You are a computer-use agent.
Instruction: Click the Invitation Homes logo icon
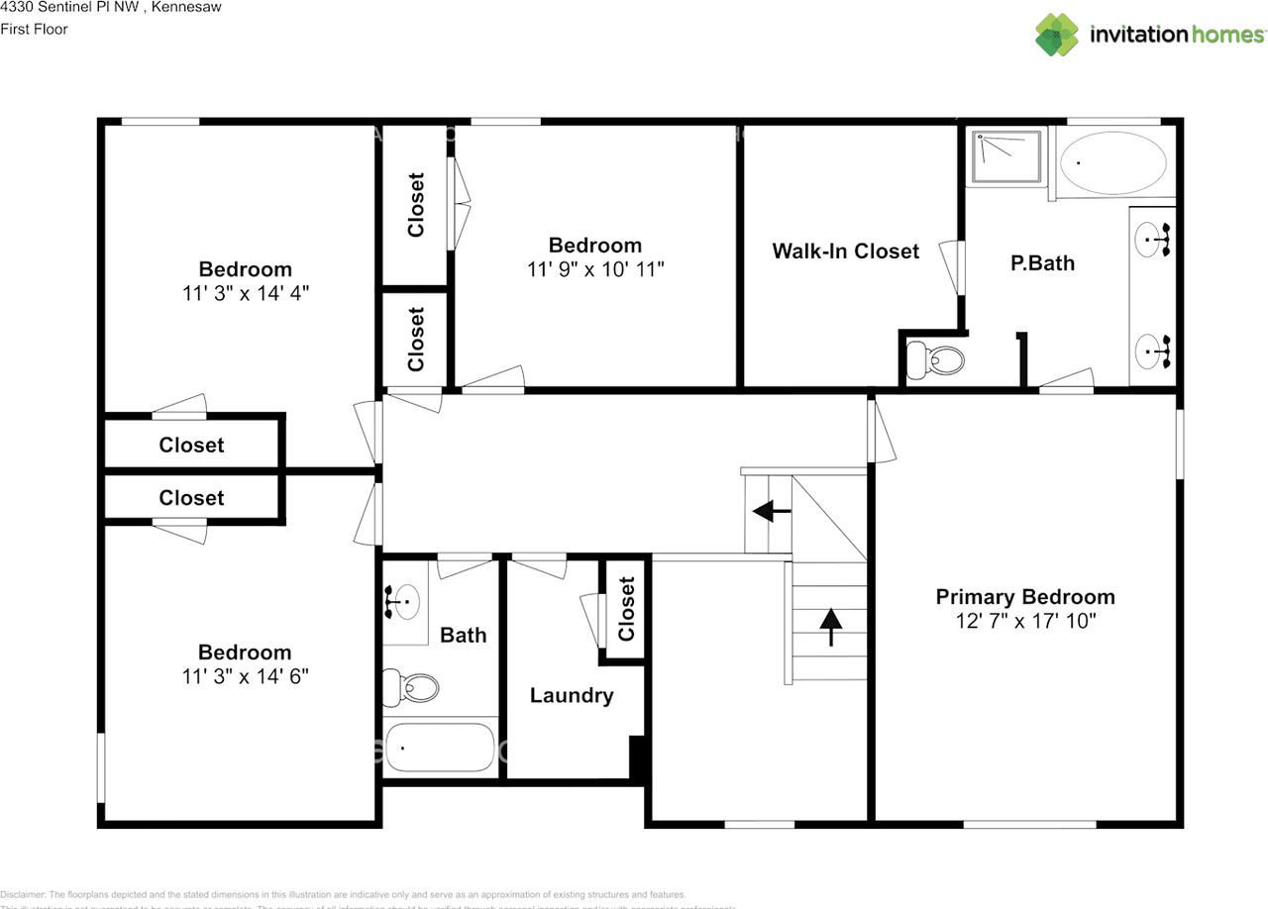pyautogui.click(x=1057, y=35)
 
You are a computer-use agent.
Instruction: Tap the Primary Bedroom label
pyautogui.click(x=1025, y=597)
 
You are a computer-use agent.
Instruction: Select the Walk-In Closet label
pyautogui.click(x=846, y=252)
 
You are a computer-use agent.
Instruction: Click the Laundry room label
pyautogui.click(x=572, y=696)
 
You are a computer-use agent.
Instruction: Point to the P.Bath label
pyautogui.click(x=1042, y=263)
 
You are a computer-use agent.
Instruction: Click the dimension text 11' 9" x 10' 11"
pyautogui.click(x=594, y=269)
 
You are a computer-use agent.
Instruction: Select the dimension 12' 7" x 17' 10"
pyautogui.click(x=1025, y=622)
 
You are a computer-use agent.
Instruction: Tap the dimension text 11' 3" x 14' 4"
pyautogui.click(x=245, y=294)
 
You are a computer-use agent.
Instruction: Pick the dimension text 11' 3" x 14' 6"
pyautogui.click(x=245, y=676)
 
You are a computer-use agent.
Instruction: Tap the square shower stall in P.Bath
pyautogui.click(x=1007, y=156)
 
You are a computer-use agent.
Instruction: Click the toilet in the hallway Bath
pyautogui.click(x=411, y=685)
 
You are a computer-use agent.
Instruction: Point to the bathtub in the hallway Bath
pyautogui.click(x=440, y=749)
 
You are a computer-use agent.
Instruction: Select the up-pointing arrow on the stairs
pyautogui.click(x=829, y=624)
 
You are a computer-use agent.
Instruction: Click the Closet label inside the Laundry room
pyautogui.click(x=626, y=609)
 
